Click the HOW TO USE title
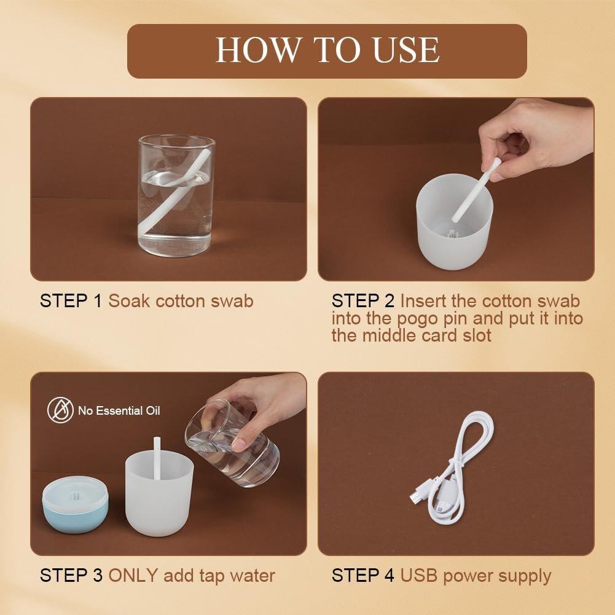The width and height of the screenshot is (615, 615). point(327,50)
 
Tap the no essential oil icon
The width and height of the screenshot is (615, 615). point(60,410)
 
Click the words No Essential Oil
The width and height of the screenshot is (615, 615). point(119,410)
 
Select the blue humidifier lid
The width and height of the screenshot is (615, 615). point(76,504)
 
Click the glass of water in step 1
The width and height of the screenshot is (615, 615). point(176,195)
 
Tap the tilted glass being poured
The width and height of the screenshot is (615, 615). point(232,443)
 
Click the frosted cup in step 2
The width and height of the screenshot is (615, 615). point(454,222)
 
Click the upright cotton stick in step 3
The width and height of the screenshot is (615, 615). point(157,458)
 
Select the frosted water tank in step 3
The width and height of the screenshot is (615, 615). point(159,495)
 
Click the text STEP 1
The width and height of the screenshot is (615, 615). point(71,301)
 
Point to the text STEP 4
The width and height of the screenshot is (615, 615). point(363,576)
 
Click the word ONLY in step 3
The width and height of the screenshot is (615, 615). point(133,576)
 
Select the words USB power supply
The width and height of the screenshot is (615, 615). point(476,576)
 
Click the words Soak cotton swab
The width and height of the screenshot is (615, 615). point(181,301)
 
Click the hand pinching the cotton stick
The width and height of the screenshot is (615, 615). point(536,137)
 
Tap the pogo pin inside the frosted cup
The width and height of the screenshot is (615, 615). point(453,234)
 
